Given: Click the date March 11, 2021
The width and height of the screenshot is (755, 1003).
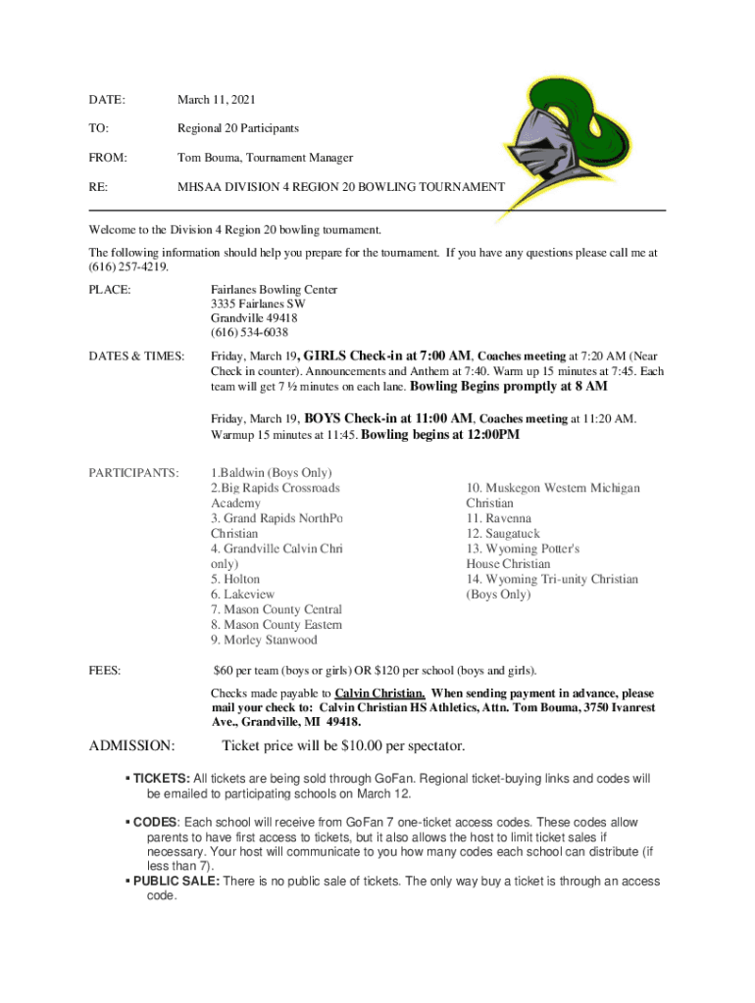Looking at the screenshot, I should tap(216, 100).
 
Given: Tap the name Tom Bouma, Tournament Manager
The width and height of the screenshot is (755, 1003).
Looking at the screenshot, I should tap(265, 157).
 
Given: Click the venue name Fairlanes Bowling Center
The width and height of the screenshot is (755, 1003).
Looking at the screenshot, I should tap(274, 290).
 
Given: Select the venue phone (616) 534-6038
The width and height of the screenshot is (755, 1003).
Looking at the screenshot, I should tap(249, 333).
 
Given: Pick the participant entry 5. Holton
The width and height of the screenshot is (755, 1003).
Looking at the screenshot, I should tap(235, 579).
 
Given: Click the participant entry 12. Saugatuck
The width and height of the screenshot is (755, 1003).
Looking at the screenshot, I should tap(502, 534).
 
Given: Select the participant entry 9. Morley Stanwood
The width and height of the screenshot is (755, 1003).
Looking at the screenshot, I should tap(264, 640).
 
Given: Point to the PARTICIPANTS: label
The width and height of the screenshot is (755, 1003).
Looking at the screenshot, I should tap(133, 473).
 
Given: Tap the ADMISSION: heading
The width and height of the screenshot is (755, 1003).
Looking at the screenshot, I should tap(131, 746).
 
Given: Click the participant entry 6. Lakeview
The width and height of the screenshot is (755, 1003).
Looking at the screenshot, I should tap(242, 595).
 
